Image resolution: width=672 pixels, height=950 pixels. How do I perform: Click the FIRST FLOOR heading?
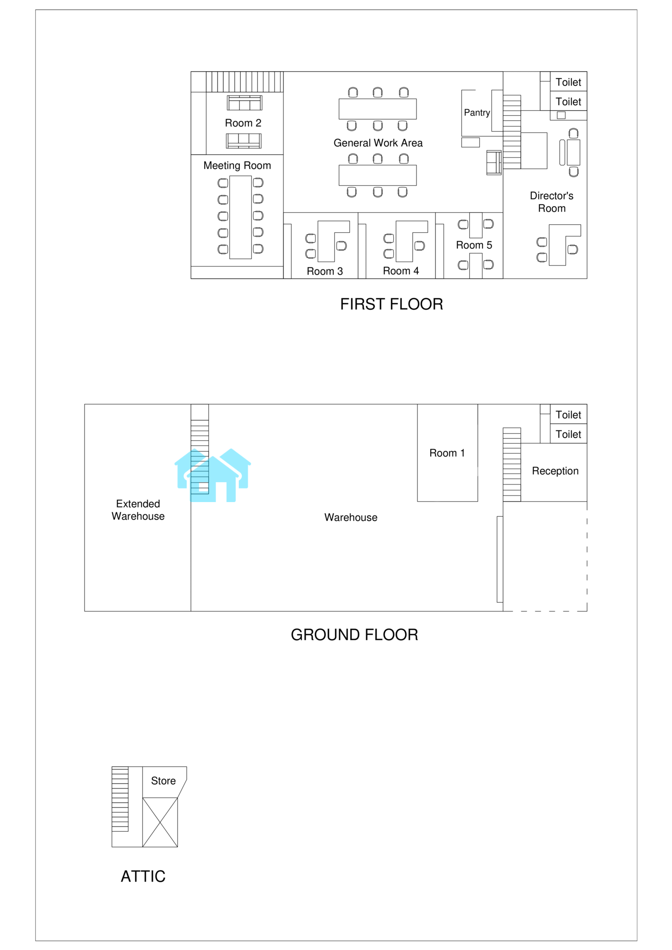pos(391,304)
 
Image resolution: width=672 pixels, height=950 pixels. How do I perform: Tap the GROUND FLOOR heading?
pos(354,635)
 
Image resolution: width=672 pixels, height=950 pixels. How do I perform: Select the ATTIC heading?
pos(143,876)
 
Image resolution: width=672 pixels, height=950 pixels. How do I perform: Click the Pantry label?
pos(477,113)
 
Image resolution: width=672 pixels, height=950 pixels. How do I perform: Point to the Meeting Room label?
pos(237,165)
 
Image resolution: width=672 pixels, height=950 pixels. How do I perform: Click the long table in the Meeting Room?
pos(240,217)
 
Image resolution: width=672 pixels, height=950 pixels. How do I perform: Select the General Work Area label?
pos(378,142)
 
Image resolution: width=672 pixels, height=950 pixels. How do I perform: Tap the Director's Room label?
pos(551,202)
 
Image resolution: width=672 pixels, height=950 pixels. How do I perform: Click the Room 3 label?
pos(325,271)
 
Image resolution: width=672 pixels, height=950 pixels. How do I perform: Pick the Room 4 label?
pos(401,271)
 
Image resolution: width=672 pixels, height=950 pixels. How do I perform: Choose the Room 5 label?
pos(474,245)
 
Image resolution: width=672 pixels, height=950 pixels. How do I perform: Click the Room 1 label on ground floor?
pos(447,453)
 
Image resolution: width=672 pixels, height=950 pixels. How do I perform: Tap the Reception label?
pos(555,471)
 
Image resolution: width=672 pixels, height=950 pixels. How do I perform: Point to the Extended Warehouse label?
pos(138,510)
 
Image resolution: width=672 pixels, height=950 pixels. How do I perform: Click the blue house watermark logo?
pos(213,475)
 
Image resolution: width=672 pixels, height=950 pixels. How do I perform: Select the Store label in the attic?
pos(163,781)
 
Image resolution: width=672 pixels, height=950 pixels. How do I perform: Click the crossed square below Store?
pos(160,822)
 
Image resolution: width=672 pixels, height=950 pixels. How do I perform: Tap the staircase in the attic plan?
pos(120,799)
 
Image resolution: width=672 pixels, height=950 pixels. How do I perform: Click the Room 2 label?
pos(243,123)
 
